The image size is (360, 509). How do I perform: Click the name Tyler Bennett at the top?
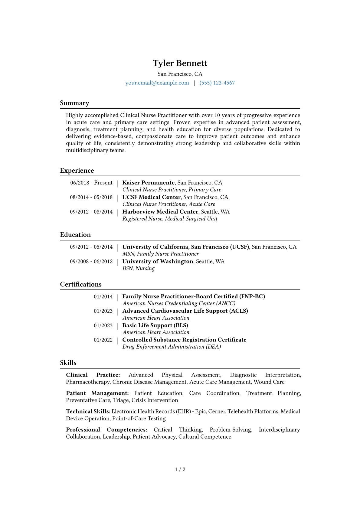tap(180, 63)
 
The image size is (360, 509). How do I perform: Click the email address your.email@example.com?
tap(157, 83)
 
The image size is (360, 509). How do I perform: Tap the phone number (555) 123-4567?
tap(217, 83)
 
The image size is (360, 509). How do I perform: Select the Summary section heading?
tap(74, 103)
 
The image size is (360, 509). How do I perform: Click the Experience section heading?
tap(77, 171)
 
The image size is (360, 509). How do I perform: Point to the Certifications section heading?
tap(81, 284)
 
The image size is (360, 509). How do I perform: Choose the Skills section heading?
tap(68, 363)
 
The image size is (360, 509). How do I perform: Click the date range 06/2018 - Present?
tap(91, 183)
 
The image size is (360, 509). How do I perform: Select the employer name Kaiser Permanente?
tap(149, 183)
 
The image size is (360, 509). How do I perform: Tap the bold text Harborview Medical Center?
tap(160, 212)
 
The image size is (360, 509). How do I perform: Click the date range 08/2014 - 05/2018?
tap(91, 197)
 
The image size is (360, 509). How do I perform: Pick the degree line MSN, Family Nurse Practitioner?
tap(161, 254)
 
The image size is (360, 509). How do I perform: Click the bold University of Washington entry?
tap(158, 261)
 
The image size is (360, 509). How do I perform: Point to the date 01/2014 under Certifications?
tap(103, 297)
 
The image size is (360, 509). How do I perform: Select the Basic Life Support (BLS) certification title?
tap(155, 325)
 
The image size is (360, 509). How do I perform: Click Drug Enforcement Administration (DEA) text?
tap(172, 347)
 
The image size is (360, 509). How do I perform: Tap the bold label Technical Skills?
tap(88, 411)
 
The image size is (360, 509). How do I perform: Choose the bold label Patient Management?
tap(97, 393)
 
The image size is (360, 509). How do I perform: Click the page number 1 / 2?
tap(180, 469)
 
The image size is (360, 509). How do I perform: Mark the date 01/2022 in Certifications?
tap(103, 340)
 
